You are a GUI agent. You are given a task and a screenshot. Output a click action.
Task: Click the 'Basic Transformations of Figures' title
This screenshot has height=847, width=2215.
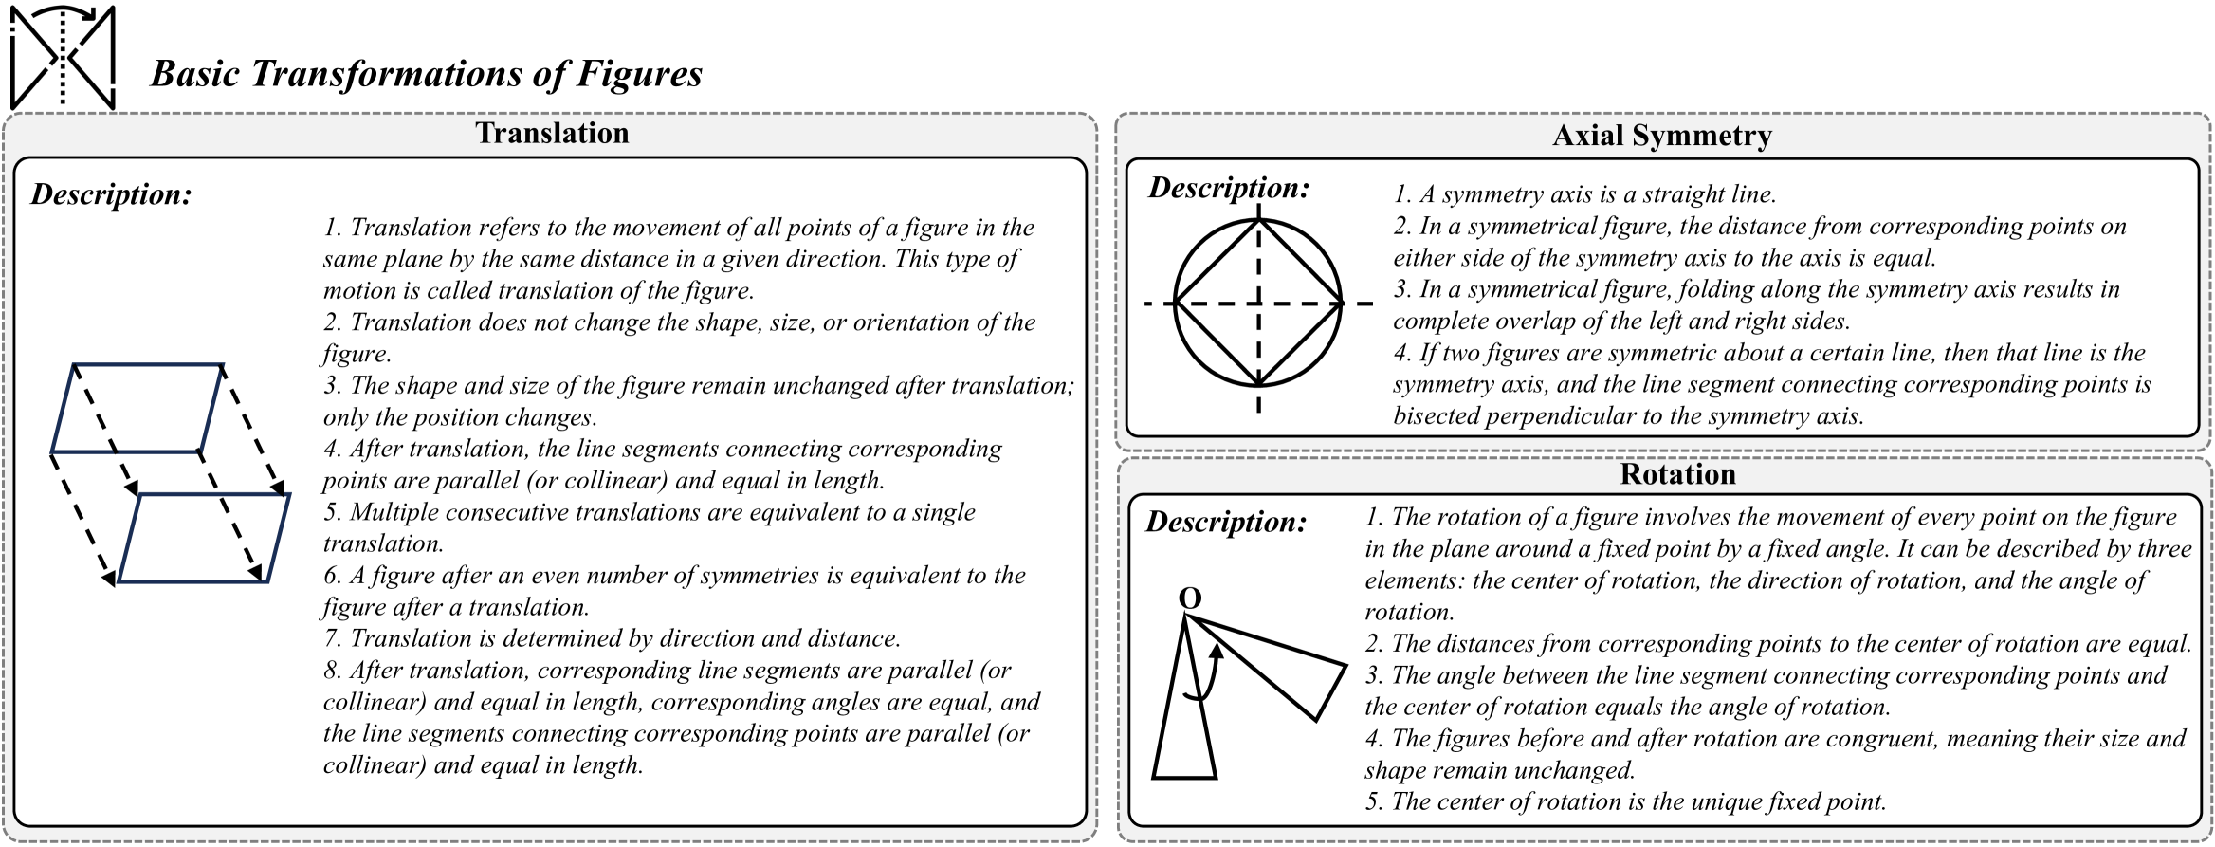pyautogui.click(x=426, y=74)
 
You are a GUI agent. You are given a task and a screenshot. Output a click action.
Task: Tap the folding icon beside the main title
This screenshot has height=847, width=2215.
pyautogui.click(x=63, y=57)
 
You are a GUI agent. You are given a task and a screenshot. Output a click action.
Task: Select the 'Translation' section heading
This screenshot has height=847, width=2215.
pyautogui.click(x=552, y=133)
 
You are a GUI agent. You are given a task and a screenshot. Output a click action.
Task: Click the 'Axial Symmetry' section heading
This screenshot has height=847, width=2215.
pyautogui.click(x=1661, y=136)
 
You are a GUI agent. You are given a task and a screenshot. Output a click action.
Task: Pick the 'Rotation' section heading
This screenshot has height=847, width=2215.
pyautogui.click(x=1677, y=473)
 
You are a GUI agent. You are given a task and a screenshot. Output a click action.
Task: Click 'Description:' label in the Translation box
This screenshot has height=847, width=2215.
pyautogui.click(x=111, y=193)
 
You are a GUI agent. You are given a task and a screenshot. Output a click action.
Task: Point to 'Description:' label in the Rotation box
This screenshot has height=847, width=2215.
pyautogui.click(x=1226, y=521)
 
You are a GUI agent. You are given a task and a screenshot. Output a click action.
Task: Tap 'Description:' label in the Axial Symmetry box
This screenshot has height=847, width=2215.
pyautogui.click(x=1229, y=187)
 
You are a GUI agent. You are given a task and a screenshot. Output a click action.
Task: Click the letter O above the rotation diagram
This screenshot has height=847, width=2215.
pyautogui.click(x=1190, y=598)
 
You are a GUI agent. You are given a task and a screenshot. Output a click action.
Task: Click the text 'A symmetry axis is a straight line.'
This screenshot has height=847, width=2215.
pyautogui.click(x=1597, y=194)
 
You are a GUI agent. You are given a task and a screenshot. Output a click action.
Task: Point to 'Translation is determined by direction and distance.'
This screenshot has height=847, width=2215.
pyautogui.click(x=625, y=638)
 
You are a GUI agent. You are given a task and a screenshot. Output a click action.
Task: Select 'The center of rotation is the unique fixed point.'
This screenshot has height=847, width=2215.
pyautogui.click(x=1638, y=801)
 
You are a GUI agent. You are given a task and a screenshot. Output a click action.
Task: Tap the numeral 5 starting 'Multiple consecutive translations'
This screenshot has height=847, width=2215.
pyautogui.click(x=331, y=512)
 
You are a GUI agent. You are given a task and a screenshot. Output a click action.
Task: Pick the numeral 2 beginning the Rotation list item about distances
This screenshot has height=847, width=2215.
pyautogui.click(x=1373, y=644)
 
